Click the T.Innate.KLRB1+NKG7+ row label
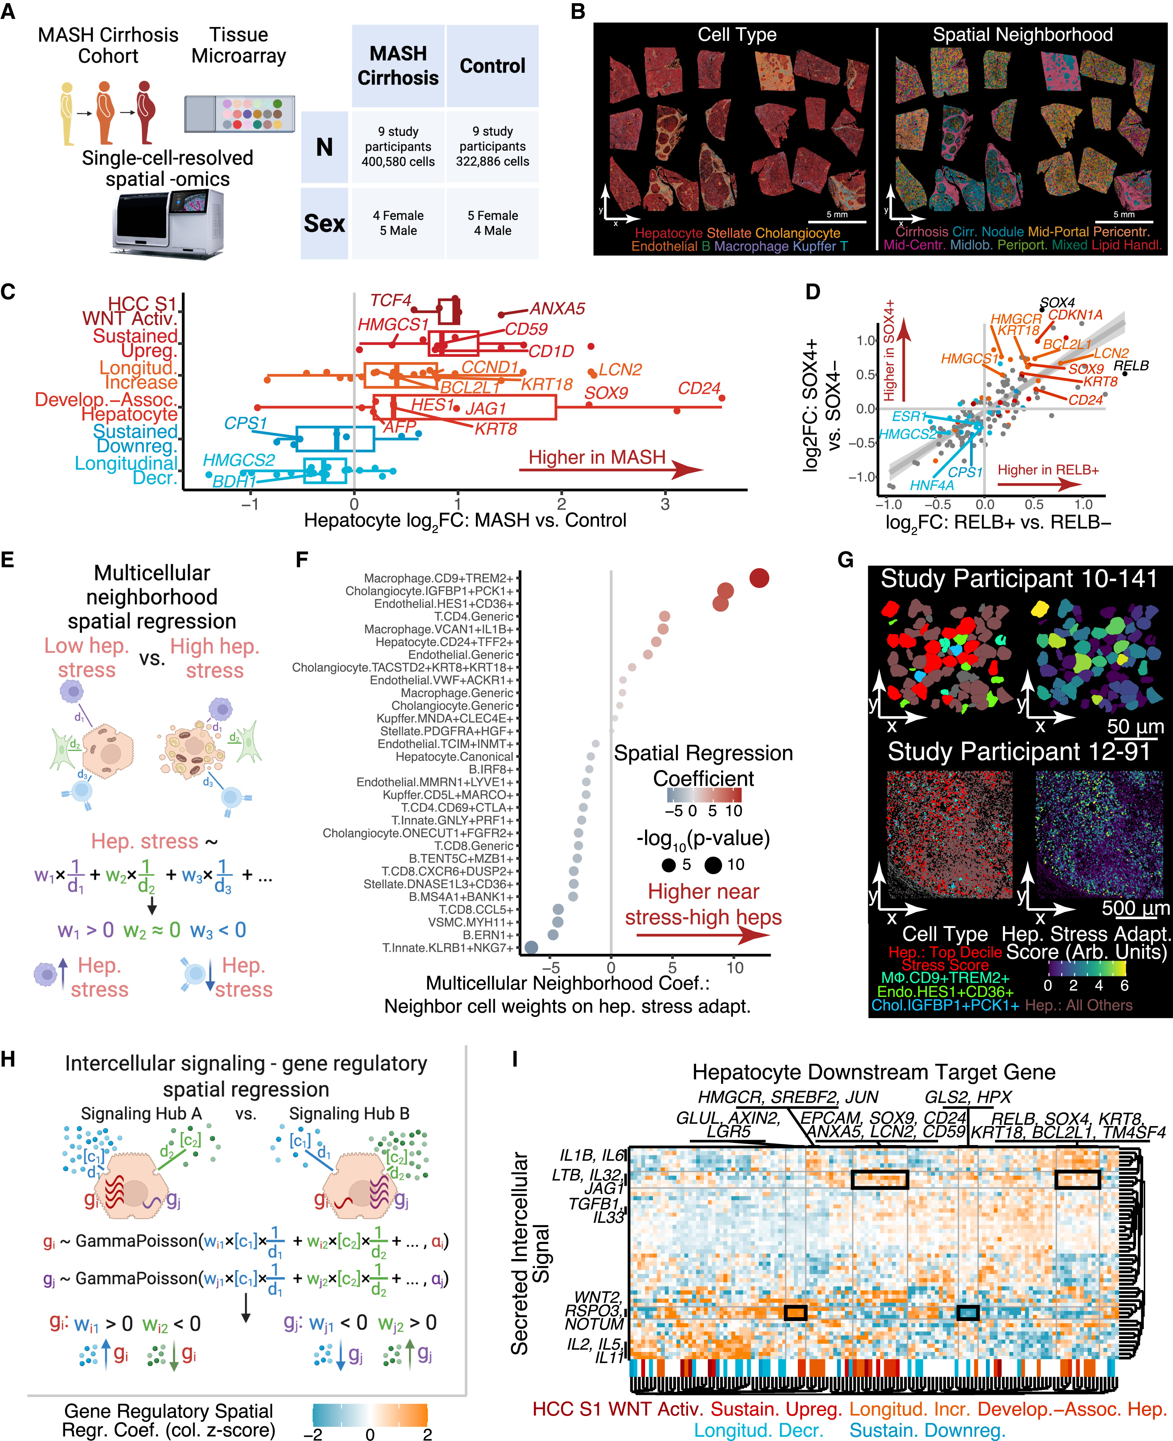pyautogui.click(x=447, y=948)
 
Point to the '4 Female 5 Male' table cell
pyautogui.click(x=398, y=223)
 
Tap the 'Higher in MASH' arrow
pyautogui.click(x=612, y=468)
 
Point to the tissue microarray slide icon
pyautogui.click(x=239, y=114)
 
